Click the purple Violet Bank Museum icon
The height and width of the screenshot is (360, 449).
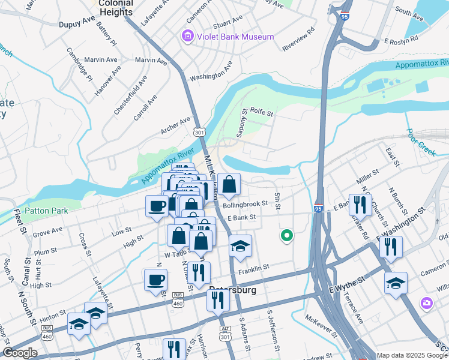tap(188, 37)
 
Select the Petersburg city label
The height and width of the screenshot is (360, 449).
tap(233, 290)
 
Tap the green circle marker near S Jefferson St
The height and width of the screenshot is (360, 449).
tap(286, 236)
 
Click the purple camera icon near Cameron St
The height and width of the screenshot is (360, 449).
tap(427, 304)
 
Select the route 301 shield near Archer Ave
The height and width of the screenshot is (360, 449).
tap(200, 132)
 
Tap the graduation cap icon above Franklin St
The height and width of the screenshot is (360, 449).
tap(240, 247)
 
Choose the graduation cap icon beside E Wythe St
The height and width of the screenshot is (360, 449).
tap(396, 283)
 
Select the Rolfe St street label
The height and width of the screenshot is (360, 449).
tap(262, 112)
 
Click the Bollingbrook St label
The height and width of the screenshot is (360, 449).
tap(245, 205)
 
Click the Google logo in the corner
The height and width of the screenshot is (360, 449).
tap(20, 353)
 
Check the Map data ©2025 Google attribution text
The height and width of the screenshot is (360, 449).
tap(412, 355)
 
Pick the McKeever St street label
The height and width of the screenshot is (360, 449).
tap(321, 323)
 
